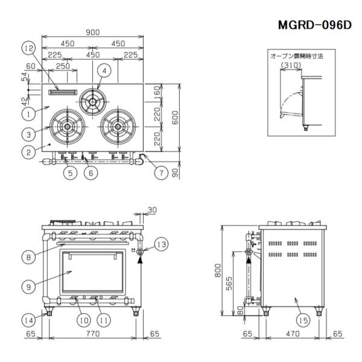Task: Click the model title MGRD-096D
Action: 315,25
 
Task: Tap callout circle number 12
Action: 29,48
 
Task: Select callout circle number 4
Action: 104,71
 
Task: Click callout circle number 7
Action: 161,173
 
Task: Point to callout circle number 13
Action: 161,244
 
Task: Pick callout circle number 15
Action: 303,320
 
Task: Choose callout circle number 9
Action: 28,287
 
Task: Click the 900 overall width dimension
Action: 92,33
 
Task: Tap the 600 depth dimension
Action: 175,118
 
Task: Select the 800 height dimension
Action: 218,270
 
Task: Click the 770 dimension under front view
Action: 93,334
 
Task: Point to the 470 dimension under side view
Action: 293,334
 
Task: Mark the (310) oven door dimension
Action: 291,65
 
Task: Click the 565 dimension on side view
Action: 229,284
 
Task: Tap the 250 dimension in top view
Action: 63,66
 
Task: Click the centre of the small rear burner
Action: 92,101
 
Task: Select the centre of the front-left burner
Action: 67,127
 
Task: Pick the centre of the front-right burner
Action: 118,127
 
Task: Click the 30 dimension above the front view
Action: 152,210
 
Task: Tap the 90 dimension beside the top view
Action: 176,173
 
